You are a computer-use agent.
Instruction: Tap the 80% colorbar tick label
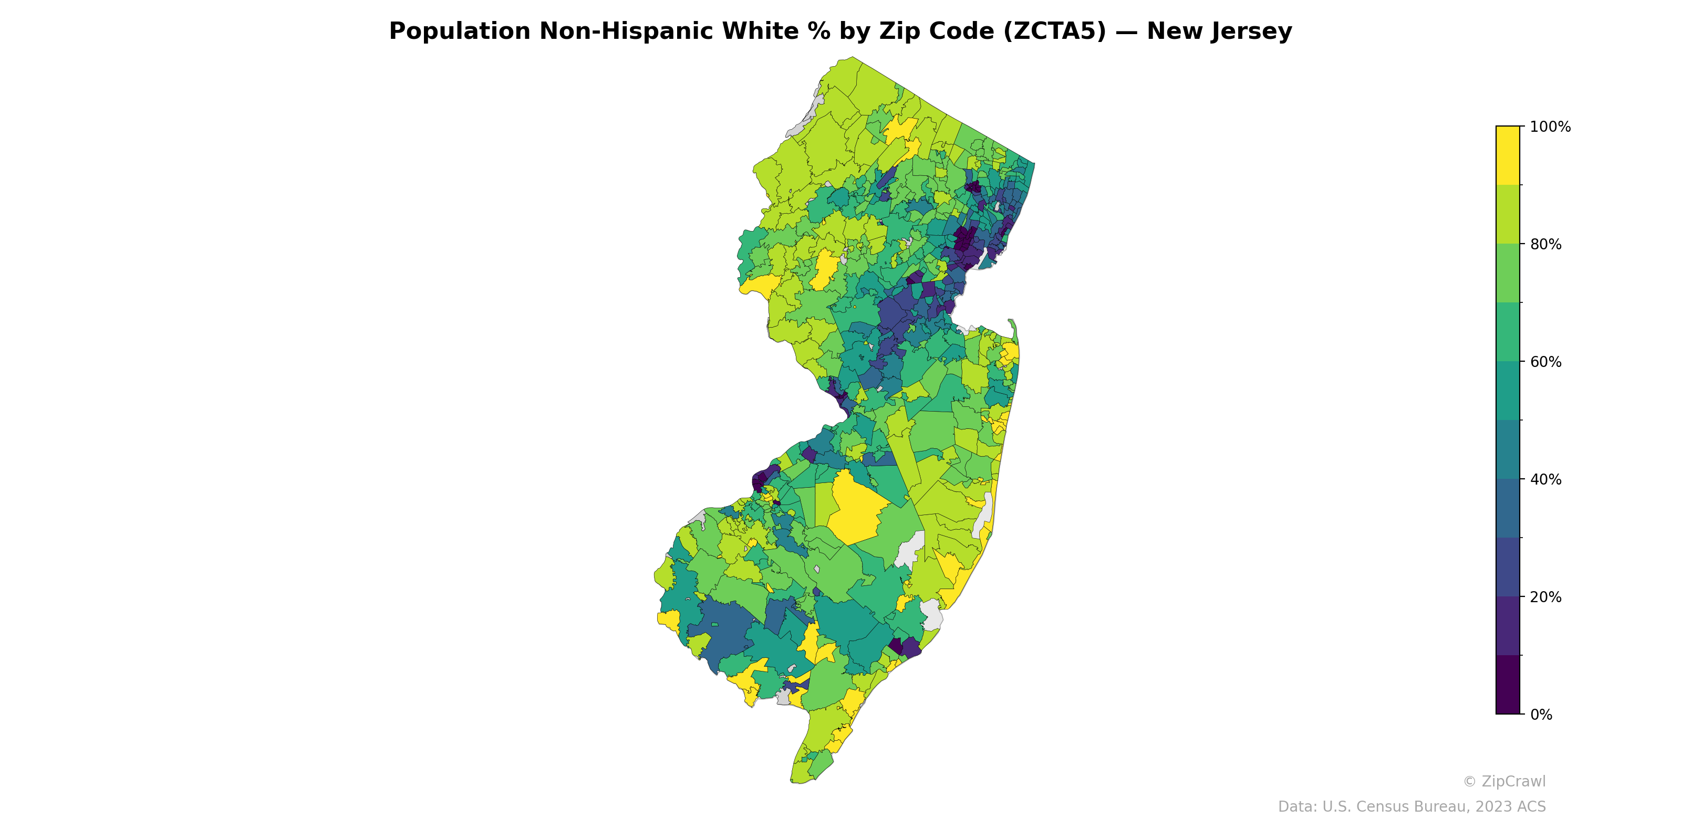tap(1546, 245)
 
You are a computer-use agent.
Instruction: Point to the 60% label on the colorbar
tap(1546, 362)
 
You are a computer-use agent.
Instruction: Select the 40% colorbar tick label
tap(1546, 479)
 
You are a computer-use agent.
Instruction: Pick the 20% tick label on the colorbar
tap(1546, 597)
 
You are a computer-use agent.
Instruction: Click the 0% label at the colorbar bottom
tap(1541, 715)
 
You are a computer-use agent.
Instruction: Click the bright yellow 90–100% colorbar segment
tap(1508, 155)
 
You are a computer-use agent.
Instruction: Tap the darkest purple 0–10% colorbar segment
tap(1508, 685)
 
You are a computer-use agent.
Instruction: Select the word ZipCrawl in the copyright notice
tap(1513, 781)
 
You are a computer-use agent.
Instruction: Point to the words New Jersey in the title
tap(1219, 31)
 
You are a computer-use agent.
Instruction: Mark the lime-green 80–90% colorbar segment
tap(1508, 214)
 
